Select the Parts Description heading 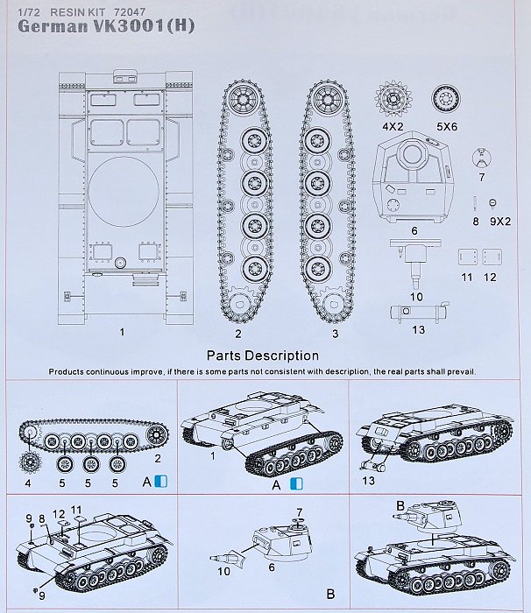pos(262,356)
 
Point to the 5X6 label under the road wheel pos(447,126)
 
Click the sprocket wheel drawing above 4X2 pos(393,99)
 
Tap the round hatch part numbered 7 pos(480,158)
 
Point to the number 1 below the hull pos(123,333)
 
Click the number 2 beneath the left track pos(238,333)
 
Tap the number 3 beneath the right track pos(334,333)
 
